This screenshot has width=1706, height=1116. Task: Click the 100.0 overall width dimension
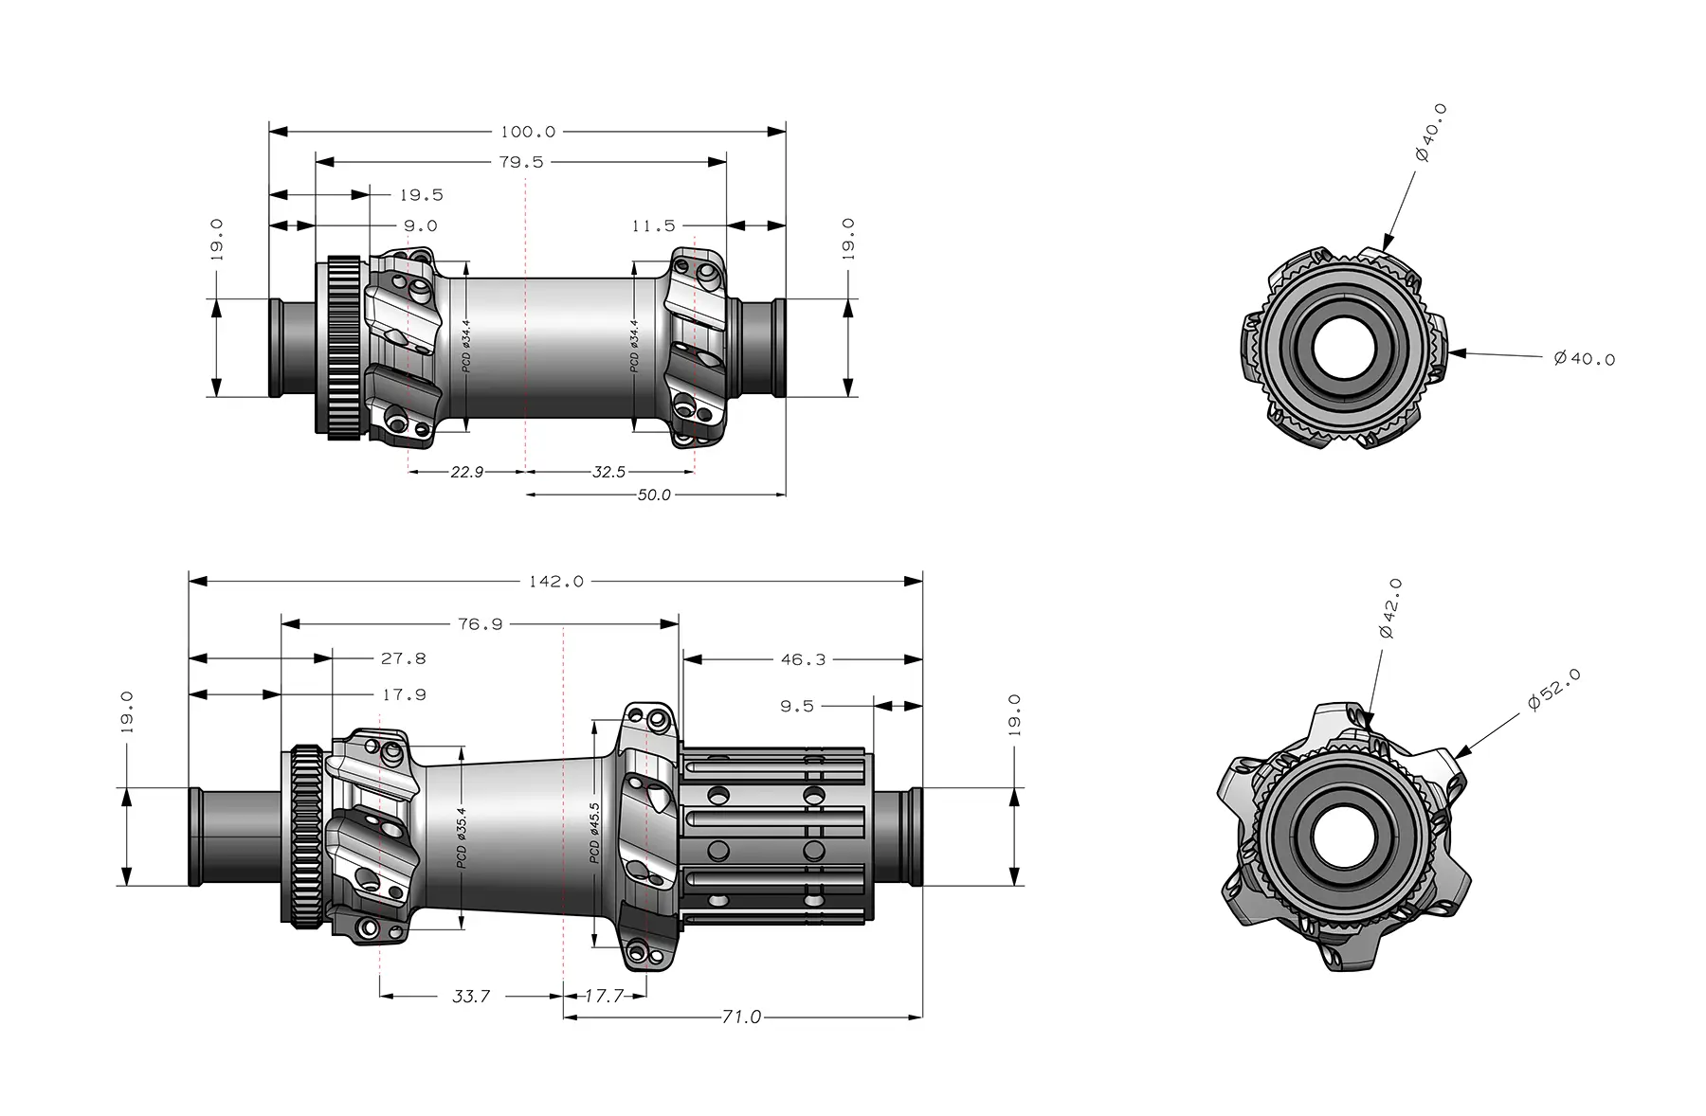click(x=528, y=132)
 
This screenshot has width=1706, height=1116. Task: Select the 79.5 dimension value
click(x=521, y=162)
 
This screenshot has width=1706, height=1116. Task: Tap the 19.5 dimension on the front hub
click(x=421, y=195)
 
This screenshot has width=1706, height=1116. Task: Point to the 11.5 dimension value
click(x=653, y=225)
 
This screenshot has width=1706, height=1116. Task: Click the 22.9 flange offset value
click(x=466, y=471)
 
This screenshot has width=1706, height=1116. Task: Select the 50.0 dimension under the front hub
click(x=653, y=495)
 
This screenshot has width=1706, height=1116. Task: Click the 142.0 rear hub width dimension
click(x=556, y=581)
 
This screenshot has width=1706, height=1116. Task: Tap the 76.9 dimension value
click(x=480, y=624)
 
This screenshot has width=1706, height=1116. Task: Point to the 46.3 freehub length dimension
click(x=803, y=659)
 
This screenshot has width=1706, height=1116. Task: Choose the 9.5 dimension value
click(x=796, y=706)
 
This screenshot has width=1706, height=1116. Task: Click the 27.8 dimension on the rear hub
click(x=403, y=658)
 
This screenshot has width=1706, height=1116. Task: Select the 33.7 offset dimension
click(x=471, y=996)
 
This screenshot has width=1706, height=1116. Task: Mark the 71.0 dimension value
click(x=741, y=1017)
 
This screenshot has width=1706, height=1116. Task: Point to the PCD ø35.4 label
click(x=462, y=837)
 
